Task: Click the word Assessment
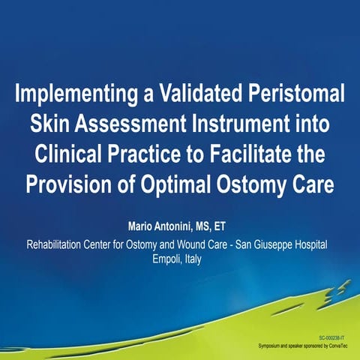click(x=139, y=124)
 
